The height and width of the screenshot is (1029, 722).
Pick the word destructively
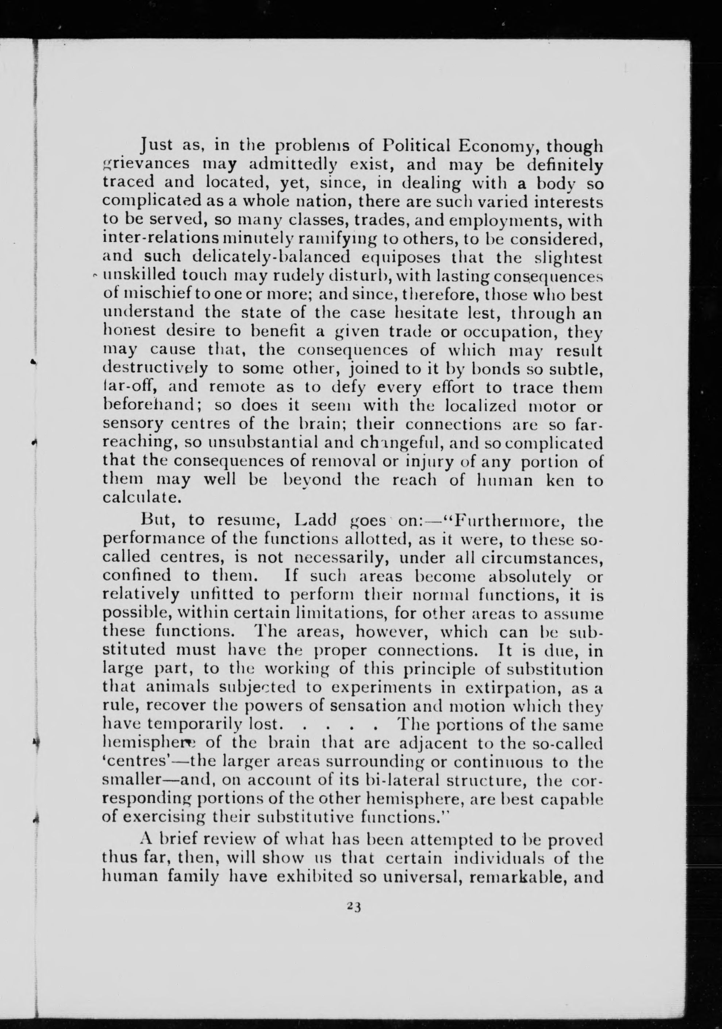(x=155, y=369)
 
